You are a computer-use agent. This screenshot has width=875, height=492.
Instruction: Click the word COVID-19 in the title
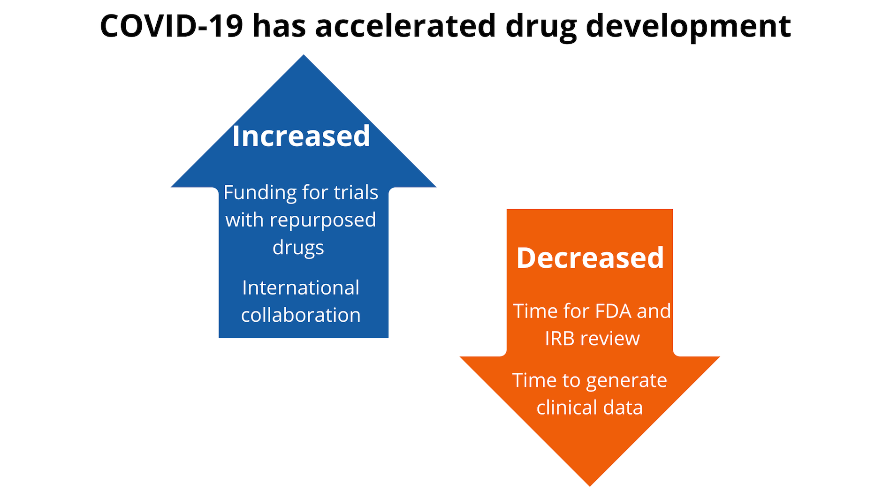click(172, 26)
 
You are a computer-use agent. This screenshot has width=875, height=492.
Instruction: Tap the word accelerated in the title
click(405, 26)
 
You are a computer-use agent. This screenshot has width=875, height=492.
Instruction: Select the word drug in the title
click(541, 26)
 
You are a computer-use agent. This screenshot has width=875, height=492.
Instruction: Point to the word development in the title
click(688, 26)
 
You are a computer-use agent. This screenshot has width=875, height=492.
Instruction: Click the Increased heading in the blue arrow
click(301, 136)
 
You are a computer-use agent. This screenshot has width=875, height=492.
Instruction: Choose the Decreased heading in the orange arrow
click(590, 257)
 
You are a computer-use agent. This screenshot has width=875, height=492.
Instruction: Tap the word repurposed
click(323, 220)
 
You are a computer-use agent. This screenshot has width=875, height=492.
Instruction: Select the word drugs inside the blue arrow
click(298, 247)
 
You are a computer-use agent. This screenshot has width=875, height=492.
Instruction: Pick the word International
click(301, 288)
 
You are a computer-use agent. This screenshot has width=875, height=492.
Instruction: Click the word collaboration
click(301, 315)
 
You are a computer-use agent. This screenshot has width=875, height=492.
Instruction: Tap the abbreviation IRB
click(559, 339)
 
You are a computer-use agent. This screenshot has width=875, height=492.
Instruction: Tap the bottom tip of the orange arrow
click(590, 484)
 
